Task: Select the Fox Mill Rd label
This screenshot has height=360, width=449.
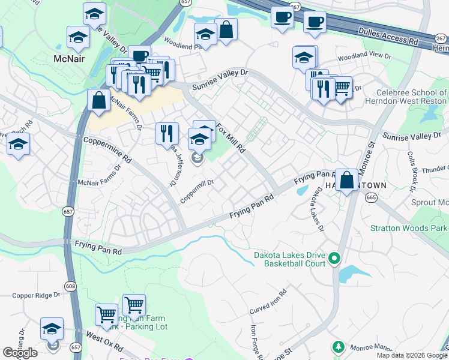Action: [232, 137]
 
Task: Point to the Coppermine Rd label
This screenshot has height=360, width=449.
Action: [107, 149]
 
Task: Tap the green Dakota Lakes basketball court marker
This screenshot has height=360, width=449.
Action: [334, 259]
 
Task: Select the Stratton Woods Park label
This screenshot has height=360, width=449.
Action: [408, 228]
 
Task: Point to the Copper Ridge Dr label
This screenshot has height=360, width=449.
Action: [37, 295]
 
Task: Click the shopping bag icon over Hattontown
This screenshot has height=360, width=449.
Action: [347, 179]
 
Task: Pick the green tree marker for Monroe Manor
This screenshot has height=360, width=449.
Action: [339, 347]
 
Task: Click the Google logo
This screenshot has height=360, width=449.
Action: [20, 353]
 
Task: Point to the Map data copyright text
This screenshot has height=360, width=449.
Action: [411, 355]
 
